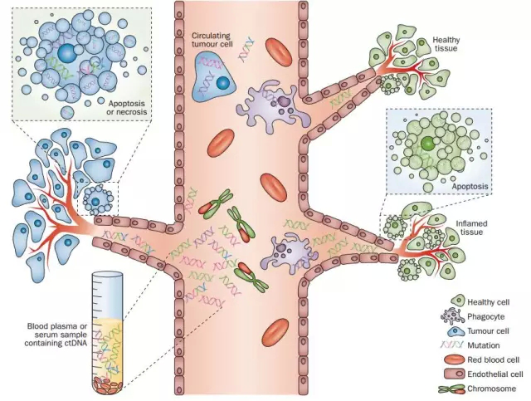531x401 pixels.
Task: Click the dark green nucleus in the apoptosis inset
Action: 427,144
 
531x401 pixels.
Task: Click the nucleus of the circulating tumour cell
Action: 222,84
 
